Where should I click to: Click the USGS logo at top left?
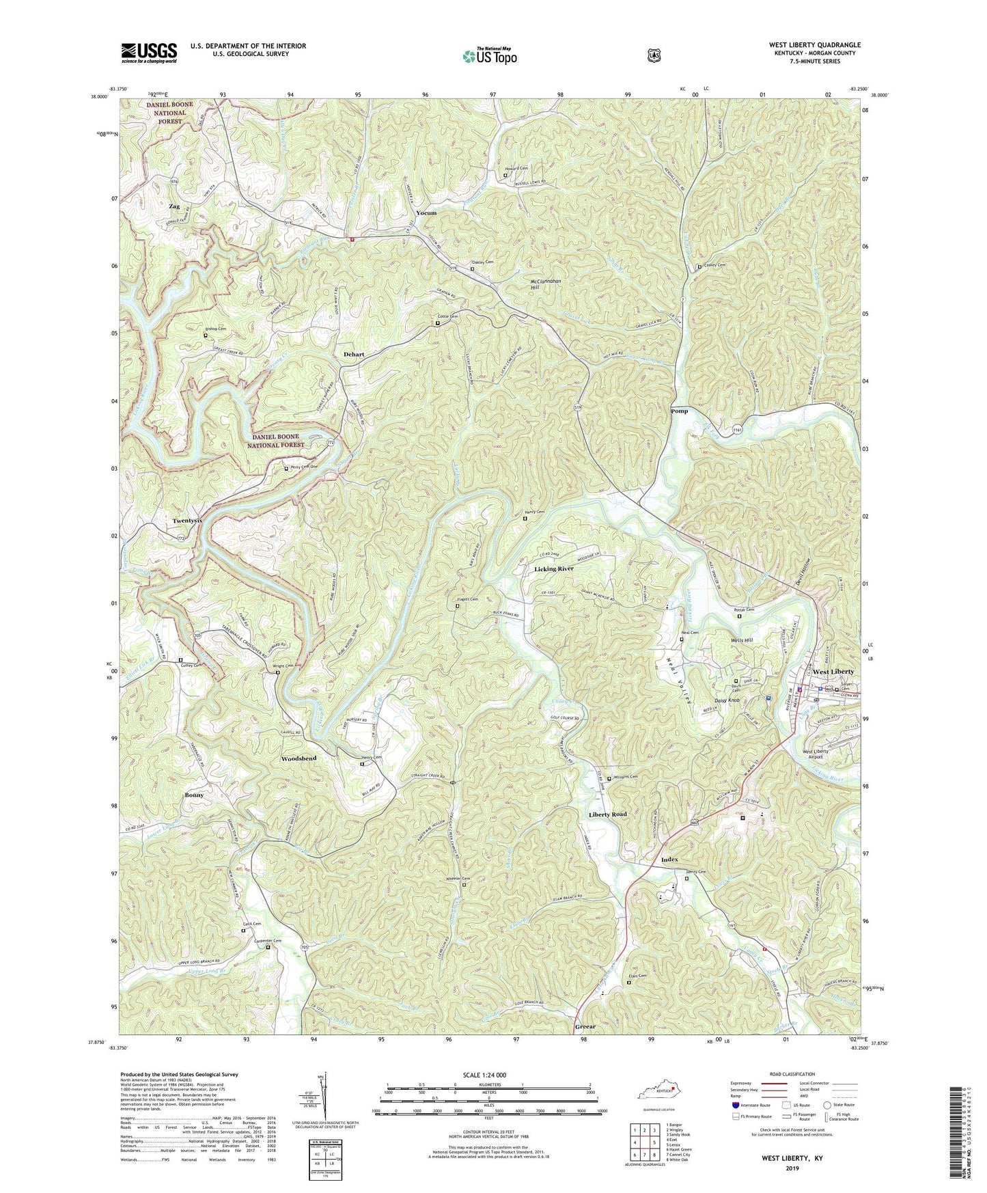click(x=149, y=53)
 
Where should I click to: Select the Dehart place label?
click(x=354, y=355)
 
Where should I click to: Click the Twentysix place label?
click(x=188, y=520)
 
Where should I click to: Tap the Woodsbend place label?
click(x=299, y=759)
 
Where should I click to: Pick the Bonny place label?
click(x=194, y=795)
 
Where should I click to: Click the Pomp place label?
click(x=679, y=411)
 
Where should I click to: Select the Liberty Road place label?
click(x=607, y=814)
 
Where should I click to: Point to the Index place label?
click(x=669, y=860)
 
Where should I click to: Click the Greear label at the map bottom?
click(x=585, y=1026)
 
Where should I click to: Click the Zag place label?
click(x=174, y=206)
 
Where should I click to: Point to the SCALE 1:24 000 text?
click(x=488, y=1075)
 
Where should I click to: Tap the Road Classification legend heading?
click(x=794, y=1074)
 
